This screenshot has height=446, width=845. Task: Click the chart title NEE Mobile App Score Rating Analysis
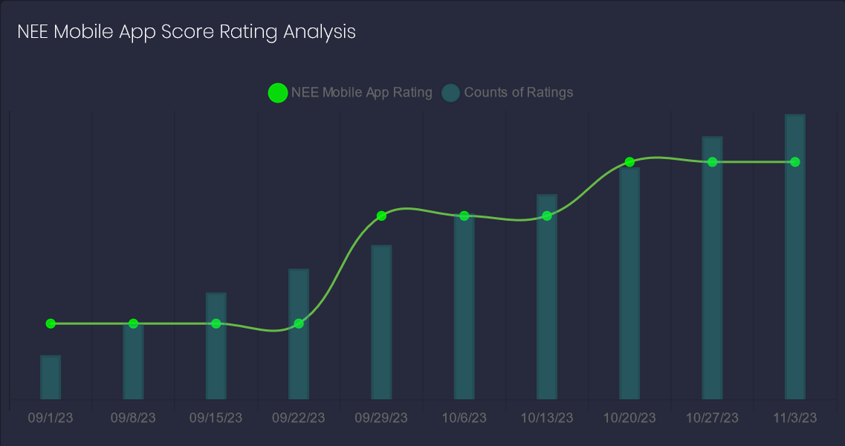(187, 32)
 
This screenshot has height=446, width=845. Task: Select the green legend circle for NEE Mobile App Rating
(277, 93)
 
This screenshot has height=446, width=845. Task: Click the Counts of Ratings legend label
(518, 93)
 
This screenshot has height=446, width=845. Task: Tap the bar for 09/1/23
(51, 377)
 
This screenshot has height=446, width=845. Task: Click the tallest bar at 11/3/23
(795, 256)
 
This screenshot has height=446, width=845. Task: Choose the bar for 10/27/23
(713, 268)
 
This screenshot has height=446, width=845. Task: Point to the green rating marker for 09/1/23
(51, 323)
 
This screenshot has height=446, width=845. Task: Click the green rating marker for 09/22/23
(299, 323)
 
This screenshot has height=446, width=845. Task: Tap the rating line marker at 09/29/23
(381, 216)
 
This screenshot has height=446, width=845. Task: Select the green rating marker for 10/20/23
(629, 162)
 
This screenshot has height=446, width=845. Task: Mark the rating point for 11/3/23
(795, 162)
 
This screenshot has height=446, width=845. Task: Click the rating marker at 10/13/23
(547, 216)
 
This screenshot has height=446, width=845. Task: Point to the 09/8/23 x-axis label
(133, 418)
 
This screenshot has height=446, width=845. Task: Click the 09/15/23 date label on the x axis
(216, 418)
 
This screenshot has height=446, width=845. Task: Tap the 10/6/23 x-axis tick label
(464, 418)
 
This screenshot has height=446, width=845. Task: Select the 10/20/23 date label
(629, 418)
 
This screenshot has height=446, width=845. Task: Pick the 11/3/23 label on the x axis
(795, 418)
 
